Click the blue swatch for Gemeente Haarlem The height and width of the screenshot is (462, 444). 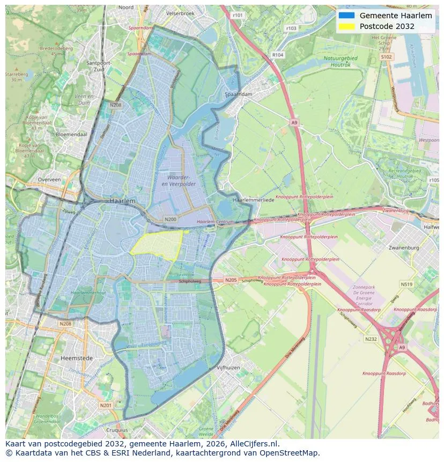(346, 16)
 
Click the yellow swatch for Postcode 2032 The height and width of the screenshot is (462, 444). (346, 26)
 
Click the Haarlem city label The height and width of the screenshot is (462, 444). (122, 200)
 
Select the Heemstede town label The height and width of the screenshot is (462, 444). (77, 358)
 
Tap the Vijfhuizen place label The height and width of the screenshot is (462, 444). (228, 368)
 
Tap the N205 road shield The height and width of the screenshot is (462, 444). (231, 280)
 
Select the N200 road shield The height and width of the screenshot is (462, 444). (171, 219)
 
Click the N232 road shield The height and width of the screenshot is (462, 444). (371, 339)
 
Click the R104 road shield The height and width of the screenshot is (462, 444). (278, 55)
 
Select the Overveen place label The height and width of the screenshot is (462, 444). (49, 180)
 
